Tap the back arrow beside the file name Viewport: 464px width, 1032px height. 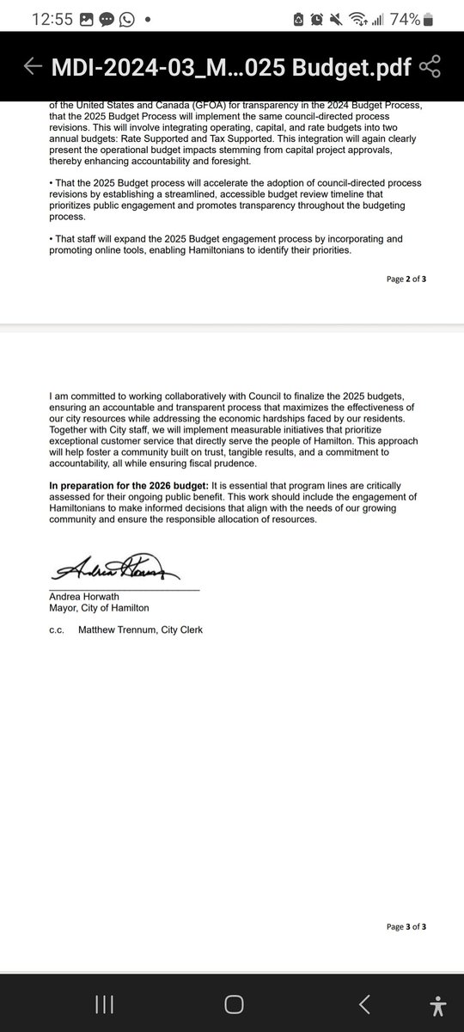(33, 66)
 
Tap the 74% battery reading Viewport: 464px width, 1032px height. (403, 19)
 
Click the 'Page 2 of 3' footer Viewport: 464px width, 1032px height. (406, 279)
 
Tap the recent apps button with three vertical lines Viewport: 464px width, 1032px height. (104, 1004)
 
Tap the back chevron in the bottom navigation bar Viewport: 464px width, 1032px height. (364, 1004)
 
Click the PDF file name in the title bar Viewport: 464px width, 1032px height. (229, 66)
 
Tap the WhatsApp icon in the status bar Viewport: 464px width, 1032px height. (126, 19)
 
